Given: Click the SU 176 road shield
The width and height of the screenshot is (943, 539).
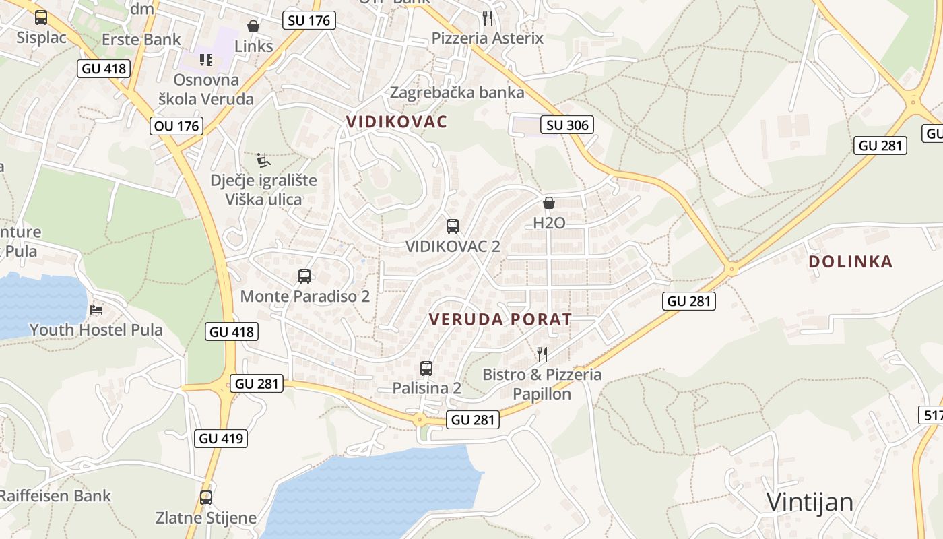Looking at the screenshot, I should (x=309, y=20).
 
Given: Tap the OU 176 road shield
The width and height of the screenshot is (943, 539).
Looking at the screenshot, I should (x=176, y=125).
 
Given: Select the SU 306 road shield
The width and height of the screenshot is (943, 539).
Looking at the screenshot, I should (x=567, y=125).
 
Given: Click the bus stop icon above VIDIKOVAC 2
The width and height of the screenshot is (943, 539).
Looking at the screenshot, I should (x=453, y=226).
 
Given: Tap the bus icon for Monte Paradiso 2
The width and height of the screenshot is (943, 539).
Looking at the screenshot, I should (x=304, y=276).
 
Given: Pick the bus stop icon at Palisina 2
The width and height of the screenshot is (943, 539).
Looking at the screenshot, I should (x=426, y=369).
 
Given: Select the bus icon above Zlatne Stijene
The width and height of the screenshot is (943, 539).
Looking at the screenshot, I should (x=206, y=498).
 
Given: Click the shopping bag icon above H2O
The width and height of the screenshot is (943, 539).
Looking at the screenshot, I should (x=549, y=203).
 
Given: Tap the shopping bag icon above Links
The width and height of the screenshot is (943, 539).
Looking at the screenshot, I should (x=253, y=26).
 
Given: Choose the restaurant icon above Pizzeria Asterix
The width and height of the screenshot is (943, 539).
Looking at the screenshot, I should (x=488, y=18).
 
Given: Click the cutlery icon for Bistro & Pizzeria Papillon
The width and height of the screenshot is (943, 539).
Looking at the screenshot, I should (x=542, y=354).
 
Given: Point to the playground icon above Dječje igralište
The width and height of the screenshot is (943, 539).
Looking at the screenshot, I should (x=263, y=160).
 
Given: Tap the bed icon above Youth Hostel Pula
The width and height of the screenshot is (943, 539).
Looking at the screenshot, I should (x=96, y=310).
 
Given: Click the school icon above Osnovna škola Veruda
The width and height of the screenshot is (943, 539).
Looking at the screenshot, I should (x=206, y=60).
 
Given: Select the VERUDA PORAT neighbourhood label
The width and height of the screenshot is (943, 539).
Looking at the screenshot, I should (x=500, y=319).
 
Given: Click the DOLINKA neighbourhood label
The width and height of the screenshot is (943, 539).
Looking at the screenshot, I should (x=851, y=261).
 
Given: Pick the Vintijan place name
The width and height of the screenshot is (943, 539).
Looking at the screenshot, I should (x=810, y=502).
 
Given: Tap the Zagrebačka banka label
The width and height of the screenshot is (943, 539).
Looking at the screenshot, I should (x=457, y=92).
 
